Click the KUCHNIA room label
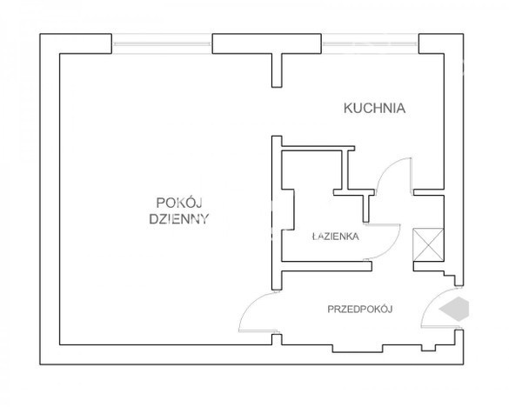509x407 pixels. pyautogui.click(x=374, y=108)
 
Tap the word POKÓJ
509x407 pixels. pyautogui.click(x=179, y=203)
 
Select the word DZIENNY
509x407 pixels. pyautogui.click(x=179, y=219)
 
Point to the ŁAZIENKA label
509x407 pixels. pyautogui.click(x=335, y=236)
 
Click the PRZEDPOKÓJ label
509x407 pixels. pyautogui.click(x=360, y=309)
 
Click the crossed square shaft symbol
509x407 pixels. pyautogui.click(x=428, y=244)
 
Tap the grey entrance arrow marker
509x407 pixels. pyautogui.click(x=454, y=309)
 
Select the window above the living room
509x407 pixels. pyautogui.click(x=162, y=43)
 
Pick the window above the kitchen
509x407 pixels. pyautogui.click(x=370, y=43)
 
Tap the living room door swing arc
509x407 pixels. pyautogui.click(x=250, y=305)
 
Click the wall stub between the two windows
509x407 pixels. pyautogui.click(x=277, y=70)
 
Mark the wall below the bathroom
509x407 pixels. pyautogui.click(x=326, y=266)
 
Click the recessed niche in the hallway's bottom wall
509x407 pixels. pyautogui.click(x=358, y=349)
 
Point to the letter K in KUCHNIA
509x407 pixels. pyautogui.click(x=348, y=108)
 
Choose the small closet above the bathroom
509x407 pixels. pyautogui.click(x=312, y=170)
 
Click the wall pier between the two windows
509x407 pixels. pyautogui.click(x=267, y=43)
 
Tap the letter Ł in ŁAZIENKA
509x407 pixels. pyautogui.click(x=315, y=236)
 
